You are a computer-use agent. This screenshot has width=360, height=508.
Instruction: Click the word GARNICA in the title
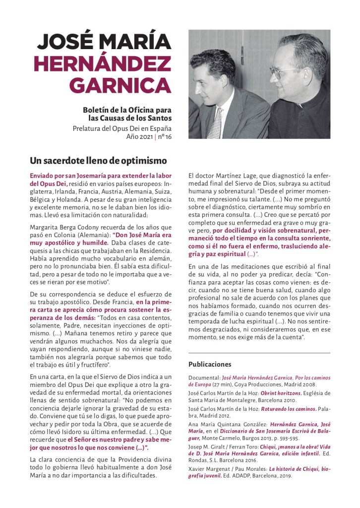(x=120, y=85)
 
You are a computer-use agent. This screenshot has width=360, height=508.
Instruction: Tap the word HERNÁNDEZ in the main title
(x=103, y=63)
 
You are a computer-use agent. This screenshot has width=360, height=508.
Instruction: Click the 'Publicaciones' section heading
(x=210, y=364)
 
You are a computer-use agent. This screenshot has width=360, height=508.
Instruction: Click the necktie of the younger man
(x=215, y=122)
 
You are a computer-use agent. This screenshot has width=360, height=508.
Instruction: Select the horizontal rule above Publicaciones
(x=259, y=353)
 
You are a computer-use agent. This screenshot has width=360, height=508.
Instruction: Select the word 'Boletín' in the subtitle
(x=97, y=110)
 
